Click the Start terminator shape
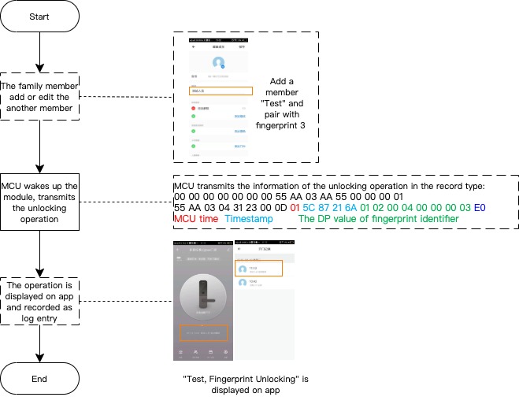pos(39,17)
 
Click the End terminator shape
pos(39,379)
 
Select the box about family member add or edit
pos(39,97)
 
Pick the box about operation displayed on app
pos(39,301)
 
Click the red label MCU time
pos(195,217)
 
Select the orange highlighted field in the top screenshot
pos(221,91)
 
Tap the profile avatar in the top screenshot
pos(220,62)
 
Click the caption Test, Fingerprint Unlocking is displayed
pos(245,384)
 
